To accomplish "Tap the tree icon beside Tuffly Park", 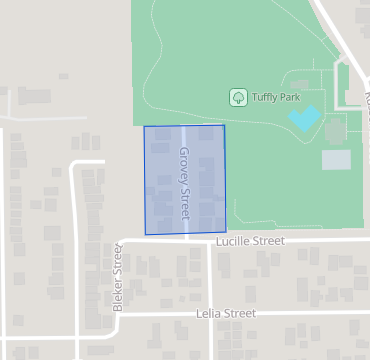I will [x=239, y=97].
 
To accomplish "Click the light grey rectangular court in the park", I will [x=336, y=159].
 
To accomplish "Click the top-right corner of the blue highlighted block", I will [x=224, y=125].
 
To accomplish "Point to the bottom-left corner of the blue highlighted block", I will [x=146, y=234].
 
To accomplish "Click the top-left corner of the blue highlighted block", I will [x=144, y=127].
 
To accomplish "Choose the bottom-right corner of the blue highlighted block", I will [x=225, y=233].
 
